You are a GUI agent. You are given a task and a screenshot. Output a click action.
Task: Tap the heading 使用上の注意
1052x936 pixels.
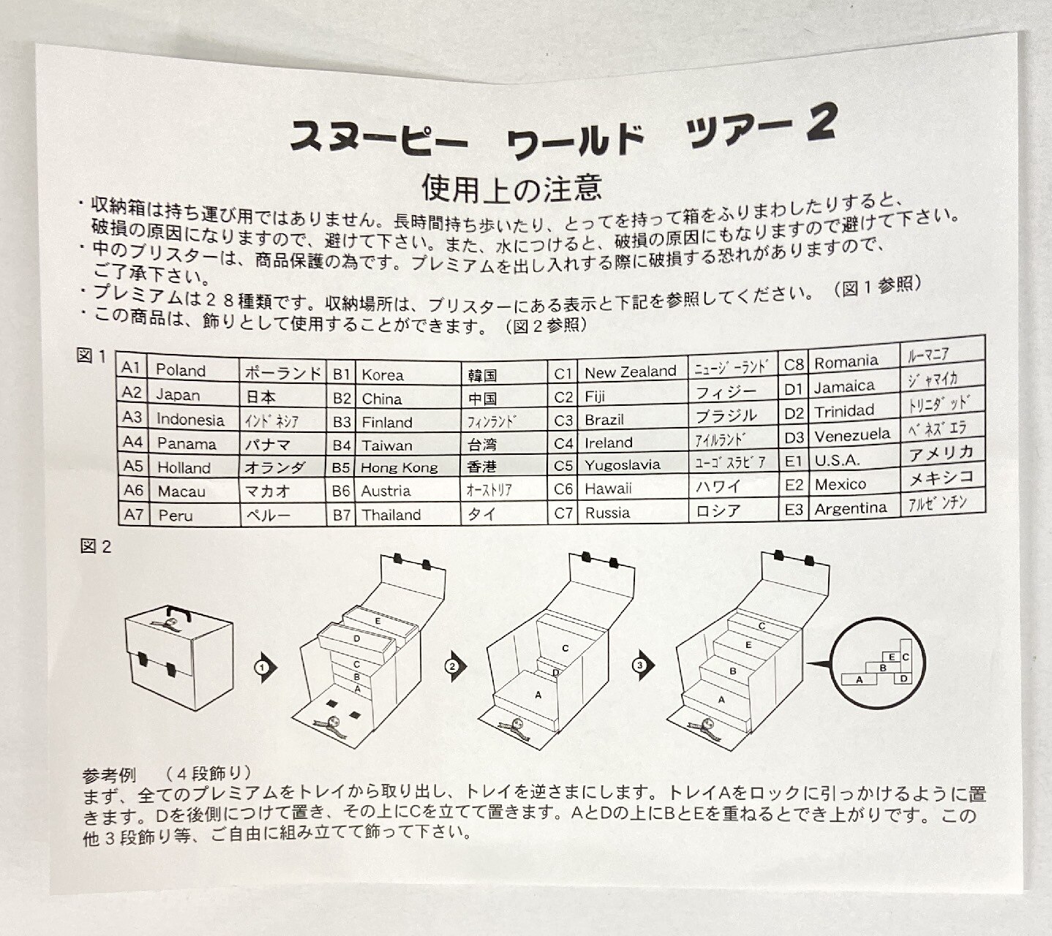click(x=511, y=188)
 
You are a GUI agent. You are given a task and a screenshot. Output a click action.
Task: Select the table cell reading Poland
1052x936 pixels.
click(x=181, y=370)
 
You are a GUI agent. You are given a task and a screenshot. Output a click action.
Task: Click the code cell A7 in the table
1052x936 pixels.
click(x=133, y=515)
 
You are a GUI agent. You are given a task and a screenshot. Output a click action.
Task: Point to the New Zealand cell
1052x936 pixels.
click(x=631, y=371)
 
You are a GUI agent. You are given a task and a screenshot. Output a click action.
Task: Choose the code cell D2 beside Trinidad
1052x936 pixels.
click(x=794, y=414)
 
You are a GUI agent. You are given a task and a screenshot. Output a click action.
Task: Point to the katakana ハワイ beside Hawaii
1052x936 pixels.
click(x=718, y=487)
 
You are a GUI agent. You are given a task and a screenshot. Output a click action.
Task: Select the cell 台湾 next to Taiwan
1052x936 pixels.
click(x=482, y=445)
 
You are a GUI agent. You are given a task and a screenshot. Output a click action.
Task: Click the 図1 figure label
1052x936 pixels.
click(x=91, y=355)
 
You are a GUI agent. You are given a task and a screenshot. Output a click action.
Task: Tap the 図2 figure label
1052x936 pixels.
click(x=96, y=547)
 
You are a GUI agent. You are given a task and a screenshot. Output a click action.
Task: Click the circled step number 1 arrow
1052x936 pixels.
click(x=266, y=667)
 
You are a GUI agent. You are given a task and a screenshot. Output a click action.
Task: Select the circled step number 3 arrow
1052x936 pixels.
click(x=643, y=665)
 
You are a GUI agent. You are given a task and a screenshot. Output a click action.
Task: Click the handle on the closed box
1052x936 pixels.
click(x=179, y=613)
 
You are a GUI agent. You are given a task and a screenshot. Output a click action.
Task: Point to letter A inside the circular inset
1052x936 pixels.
click(x=860, y=680)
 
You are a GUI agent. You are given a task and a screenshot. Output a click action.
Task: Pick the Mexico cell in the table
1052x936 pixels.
click(x=840, y=484)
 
